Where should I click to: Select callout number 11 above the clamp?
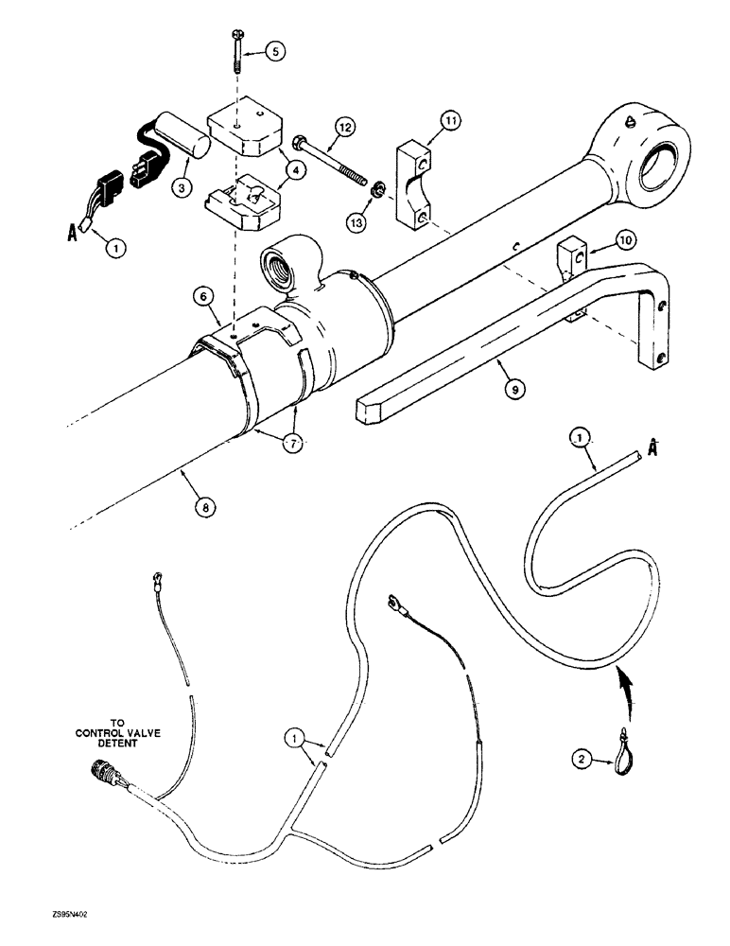[x=450, y=121]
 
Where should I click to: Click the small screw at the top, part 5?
[x=235, y=50]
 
